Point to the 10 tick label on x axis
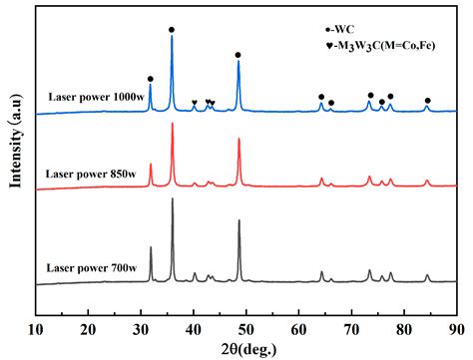36,327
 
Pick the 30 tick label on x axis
141,327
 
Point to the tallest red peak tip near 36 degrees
173,124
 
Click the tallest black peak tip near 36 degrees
173,199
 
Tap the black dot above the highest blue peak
172,30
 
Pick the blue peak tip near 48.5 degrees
237,62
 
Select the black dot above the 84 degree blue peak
427,101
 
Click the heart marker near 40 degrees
195,103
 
